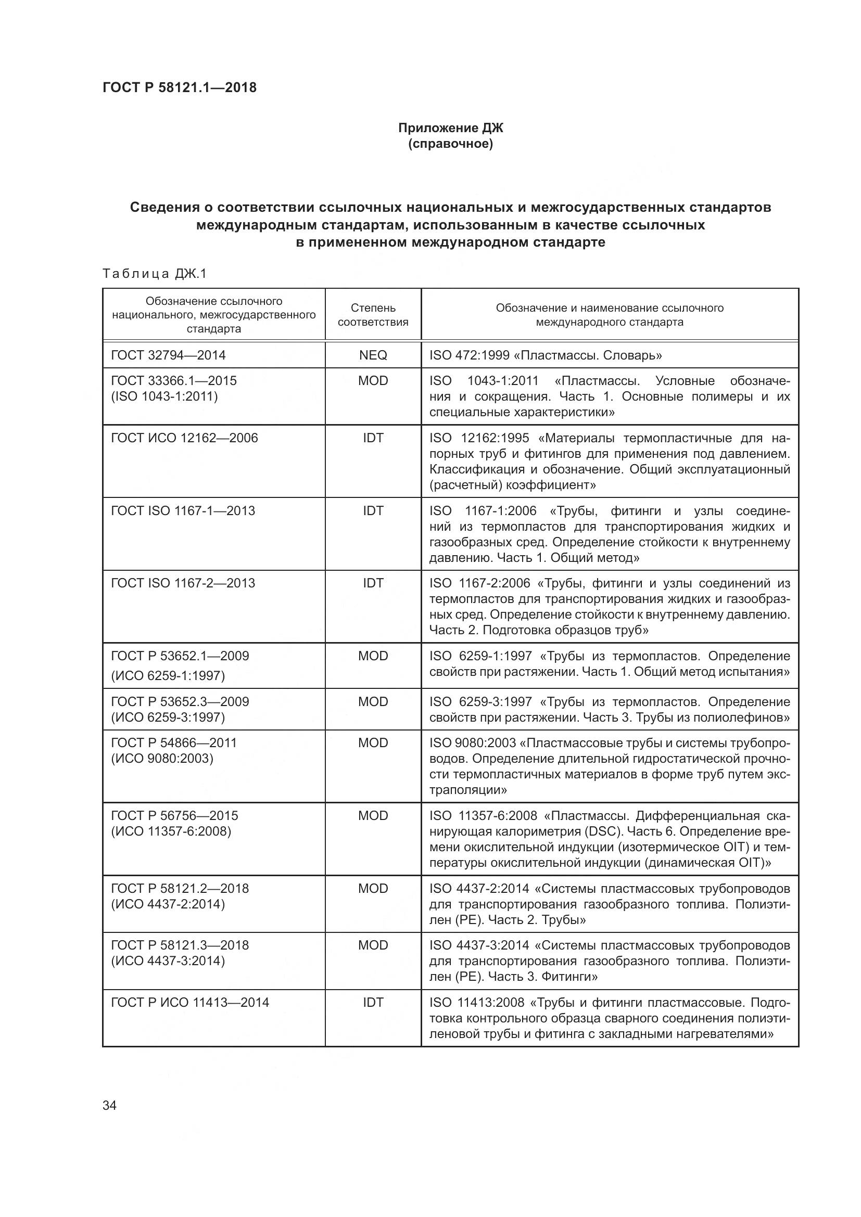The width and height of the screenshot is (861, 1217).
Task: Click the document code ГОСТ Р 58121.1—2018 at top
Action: coord(179,87)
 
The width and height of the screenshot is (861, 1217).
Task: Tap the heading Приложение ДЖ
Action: coord(450,128)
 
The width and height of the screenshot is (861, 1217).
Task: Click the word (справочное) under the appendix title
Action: coord(450,144)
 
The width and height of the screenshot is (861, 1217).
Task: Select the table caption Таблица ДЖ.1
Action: coord(154,274)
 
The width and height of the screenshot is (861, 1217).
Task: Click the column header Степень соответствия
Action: coord(373,315)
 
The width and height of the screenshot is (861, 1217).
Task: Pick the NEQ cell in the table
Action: coord(373,355)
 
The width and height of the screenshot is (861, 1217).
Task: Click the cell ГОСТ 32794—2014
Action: coord(168,355)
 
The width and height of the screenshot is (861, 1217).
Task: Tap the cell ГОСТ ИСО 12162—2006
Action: coord(184,438)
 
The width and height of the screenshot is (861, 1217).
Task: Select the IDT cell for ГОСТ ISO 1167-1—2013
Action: coord(373,510)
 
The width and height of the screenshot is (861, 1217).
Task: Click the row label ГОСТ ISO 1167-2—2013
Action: coord(182,583)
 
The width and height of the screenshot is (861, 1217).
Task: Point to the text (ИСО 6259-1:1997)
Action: coord(168,676)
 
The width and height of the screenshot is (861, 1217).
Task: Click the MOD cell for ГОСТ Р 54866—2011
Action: coord(373,742)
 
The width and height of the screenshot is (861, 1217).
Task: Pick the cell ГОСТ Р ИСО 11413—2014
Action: coord(190,1002)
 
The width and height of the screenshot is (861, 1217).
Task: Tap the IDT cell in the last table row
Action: coord(373,1002)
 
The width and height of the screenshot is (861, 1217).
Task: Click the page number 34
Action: coord(109,1106)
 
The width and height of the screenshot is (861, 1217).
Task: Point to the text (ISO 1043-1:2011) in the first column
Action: coord(164,396)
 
